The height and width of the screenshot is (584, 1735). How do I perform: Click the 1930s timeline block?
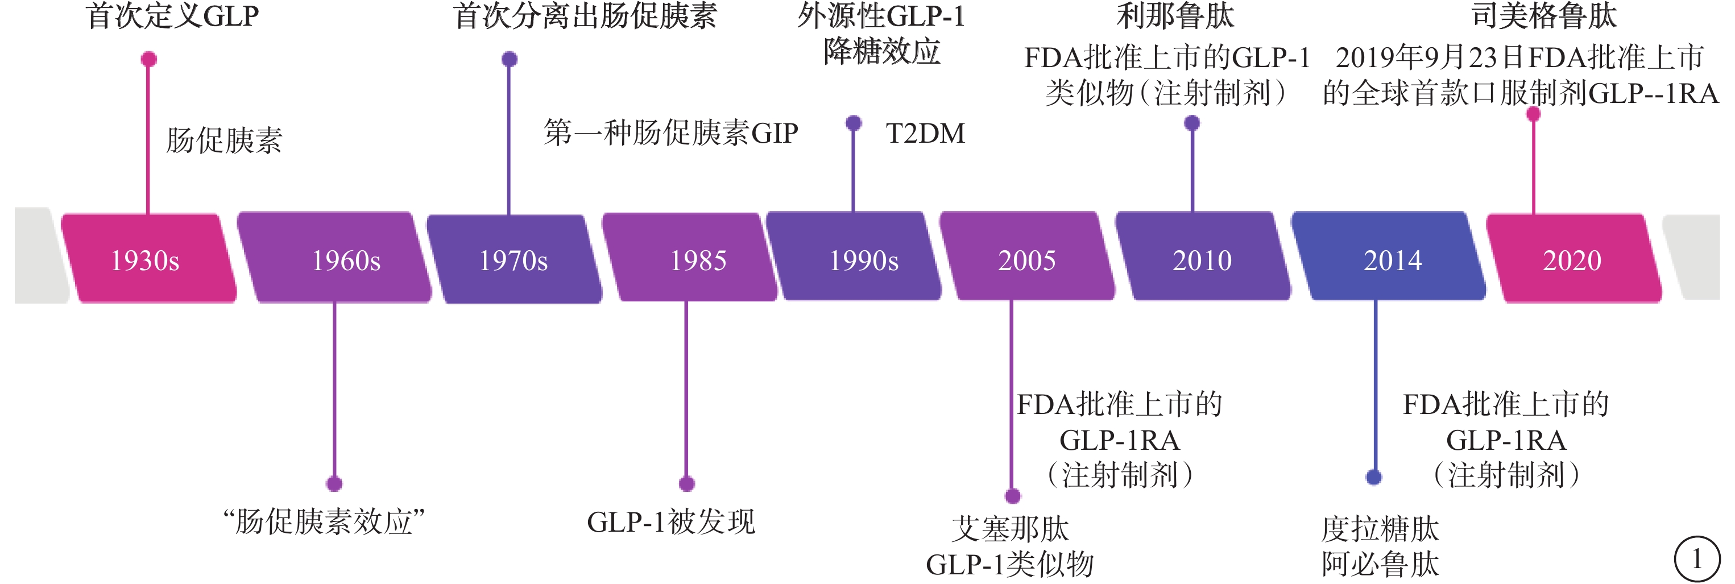(x=149, y=259)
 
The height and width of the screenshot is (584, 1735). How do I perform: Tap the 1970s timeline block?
(x=515, y=259)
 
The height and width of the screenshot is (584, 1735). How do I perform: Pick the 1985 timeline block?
(x=690, y=257)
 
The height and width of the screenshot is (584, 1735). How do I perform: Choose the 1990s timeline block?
(x=854, y=256)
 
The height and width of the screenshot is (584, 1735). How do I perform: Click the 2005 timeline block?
(x=1028, y=256)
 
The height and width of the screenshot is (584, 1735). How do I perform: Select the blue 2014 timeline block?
(x=1389, y=256)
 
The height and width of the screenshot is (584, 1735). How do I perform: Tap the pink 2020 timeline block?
(x=1574, y=259)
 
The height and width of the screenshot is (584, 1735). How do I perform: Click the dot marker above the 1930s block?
(x=149, y=59)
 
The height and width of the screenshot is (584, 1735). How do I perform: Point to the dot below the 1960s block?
(x=334, y=484)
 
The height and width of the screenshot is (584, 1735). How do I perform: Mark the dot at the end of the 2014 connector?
(x=1374, y=478)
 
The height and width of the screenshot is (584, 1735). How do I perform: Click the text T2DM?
(x=925, y=134)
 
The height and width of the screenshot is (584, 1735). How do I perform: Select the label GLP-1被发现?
(x=671, y=522)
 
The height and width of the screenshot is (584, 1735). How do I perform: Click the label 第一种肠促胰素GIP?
(x=671, y=132)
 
